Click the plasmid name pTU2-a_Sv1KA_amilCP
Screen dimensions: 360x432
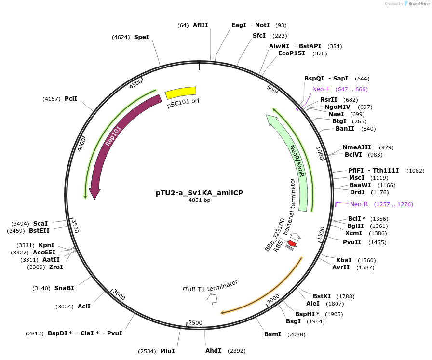(x=199, y=192)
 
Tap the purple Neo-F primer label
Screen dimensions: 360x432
(x=321, y=89)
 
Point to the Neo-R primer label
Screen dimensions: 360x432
(x=359, y=204)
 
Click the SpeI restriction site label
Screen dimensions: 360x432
(x=141, y=37)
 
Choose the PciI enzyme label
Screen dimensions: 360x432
(x=71, y=99)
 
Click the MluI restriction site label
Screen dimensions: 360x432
(x=167, y=351)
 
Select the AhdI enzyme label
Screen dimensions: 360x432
(x=213, y=351)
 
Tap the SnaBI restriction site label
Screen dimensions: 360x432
(x=64, y=288)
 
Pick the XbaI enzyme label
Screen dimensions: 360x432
(x=343, y=260)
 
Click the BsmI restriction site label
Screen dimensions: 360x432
(x=272, y=334)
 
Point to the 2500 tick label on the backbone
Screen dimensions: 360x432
(x=195, y=322)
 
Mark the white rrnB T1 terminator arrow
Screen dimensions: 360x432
(x=212, y=299)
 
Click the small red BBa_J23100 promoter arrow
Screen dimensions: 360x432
(x=292, y=243)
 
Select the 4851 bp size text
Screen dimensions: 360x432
(x=199, y=200)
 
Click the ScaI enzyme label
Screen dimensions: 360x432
(x=40, y=223)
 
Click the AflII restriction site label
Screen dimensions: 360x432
(x=200, y=25)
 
